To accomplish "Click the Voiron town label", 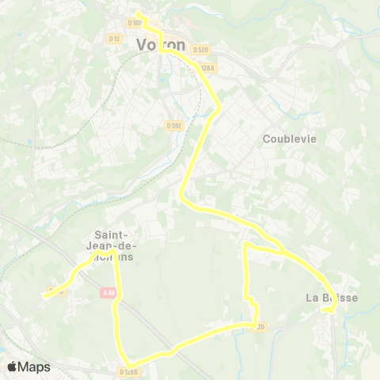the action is (x=161, y=45).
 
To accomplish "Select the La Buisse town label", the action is (x=332, y=298).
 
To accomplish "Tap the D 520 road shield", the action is (x=199, y=50).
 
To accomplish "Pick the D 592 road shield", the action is (x=173, y=124).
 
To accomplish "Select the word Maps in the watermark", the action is (x=35, y=367).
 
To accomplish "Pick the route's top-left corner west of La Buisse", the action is (x=245, y=247).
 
